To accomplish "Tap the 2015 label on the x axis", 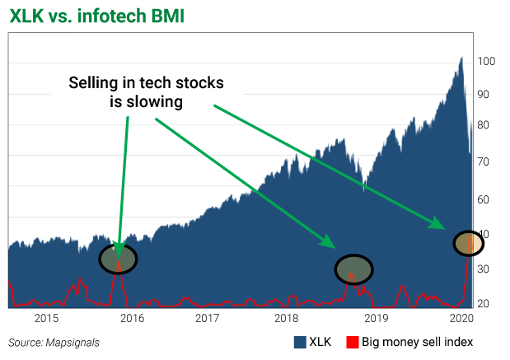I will click(47, 318).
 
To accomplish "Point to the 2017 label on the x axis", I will click(208, 318).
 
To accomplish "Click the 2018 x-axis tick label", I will click(287, 318).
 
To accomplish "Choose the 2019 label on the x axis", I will click(376, 318).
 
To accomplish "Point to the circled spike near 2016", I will click(119, 259).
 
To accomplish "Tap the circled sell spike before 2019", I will click(353, 269).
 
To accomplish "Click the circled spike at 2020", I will click(467, 242).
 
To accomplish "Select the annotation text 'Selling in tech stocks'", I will click(147, 83).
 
